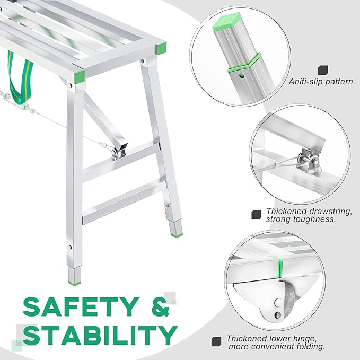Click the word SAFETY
point(80,307)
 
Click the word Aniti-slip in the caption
point(304,82)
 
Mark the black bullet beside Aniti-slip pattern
point(322,69)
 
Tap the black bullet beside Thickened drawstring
point(257,214)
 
